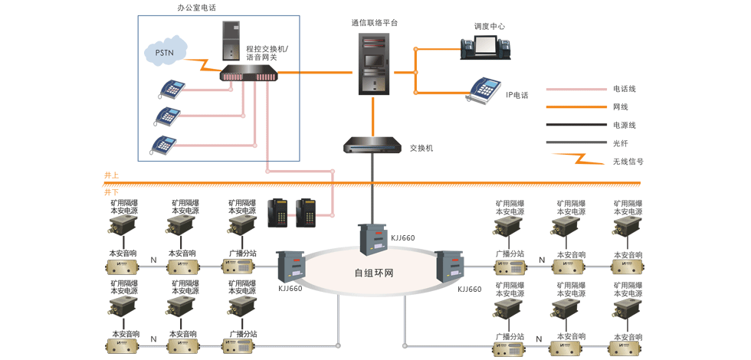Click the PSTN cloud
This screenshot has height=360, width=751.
pos(166,52)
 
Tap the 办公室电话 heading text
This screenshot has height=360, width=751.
pos(196,8)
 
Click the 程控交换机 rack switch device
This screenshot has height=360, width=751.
pos(249,74)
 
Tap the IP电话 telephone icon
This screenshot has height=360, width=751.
pos(484,90)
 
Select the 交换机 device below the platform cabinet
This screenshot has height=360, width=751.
pos(372,146)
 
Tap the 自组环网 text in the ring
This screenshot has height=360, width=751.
pos(373,273)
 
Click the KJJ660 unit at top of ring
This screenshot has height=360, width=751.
pos(373,238)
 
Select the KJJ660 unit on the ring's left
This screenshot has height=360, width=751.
pos(291,265)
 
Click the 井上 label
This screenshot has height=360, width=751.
pos(112,176)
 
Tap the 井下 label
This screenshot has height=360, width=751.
pos(112,192)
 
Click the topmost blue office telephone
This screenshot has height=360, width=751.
pos(172,89)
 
